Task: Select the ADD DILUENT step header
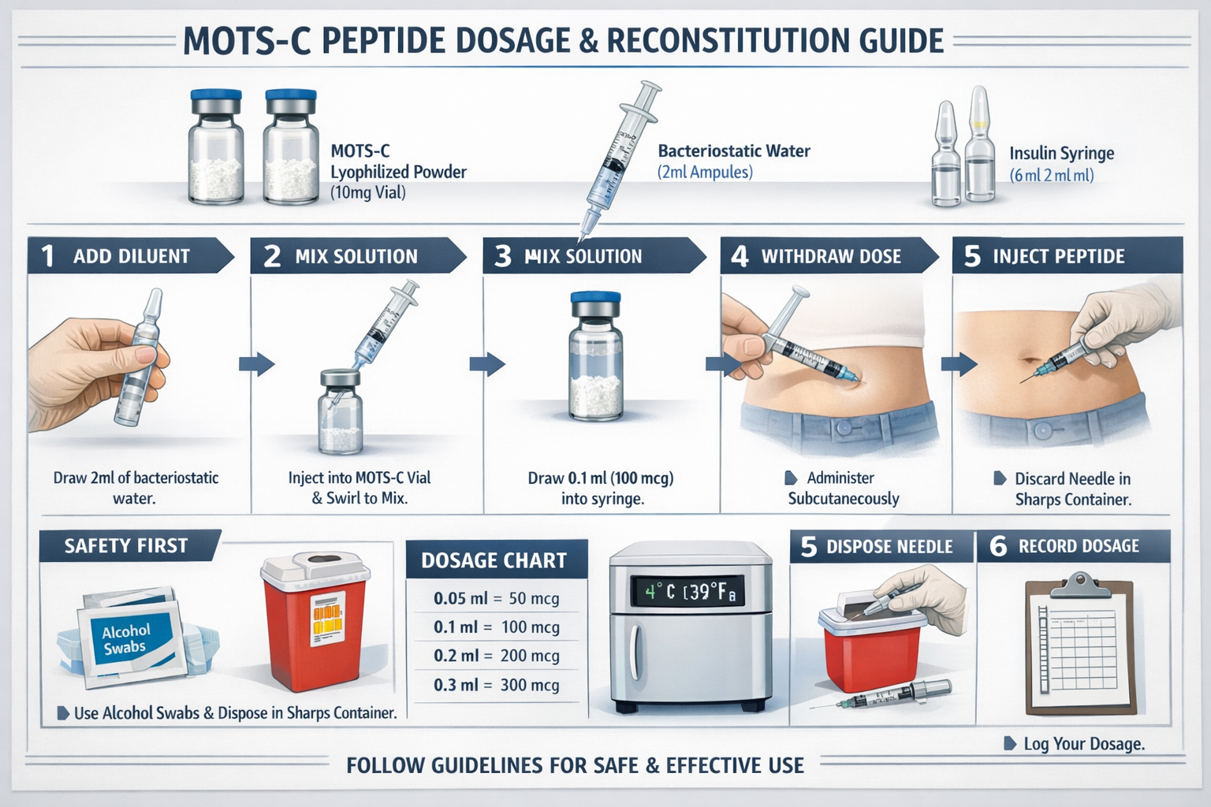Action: click(x=131, y=256)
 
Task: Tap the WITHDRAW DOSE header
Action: click(x=830, y=256)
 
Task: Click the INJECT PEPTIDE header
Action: click(x=1058, y=256)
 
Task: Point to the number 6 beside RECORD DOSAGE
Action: click(x=998, y=546)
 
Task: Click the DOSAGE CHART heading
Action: click(x=494, y=560)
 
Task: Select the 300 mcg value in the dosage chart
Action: click(x=530, y=685)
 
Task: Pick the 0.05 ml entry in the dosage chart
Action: click(x=460, y=598)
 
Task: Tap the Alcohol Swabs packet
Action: click(x=126, y=639)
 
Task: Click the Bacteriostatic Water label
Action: click(x=733, y=151)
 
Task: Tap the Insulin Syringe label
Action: click(x=1061, y=154)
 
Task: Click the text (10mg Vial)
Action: click(x=367, y=192)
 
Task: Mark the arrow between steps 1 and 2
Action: click(x=256, y=364)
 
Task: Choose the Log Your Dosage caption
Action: click(x=1083, y=743)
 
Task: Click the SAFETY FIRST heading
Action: click(x=126, y=545)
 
